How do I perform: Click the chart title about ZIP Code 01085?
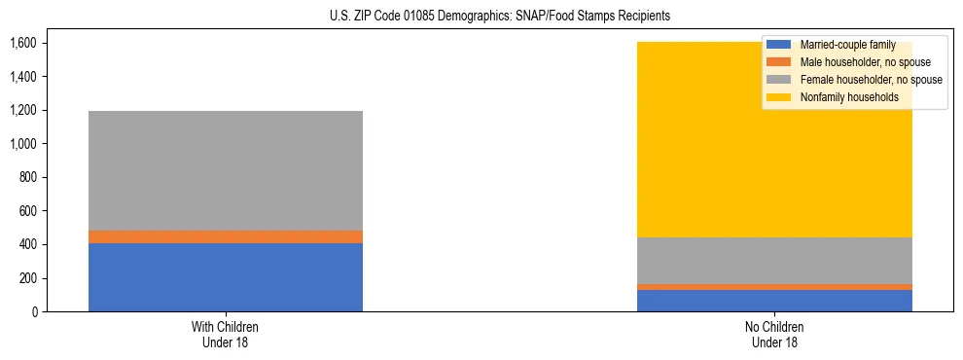click(x=482, y=17)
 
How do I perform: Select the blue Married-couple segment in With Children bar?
click(x=226, y=277)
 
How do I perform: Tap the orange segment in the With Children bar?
click(x=226, y=236)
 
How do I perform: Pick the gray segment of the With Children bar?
click(x=226, y=170)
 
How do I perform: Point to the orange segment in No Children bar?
click(x=774, y=287)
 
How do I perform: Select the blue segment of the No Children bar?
click(x=774, y=301)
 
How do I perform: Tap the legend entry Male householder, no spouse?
click(x=865, y=62)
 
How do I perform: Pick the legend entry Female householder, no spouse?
click(x=871, y=80)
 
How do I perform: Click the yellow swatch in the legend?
click(x=779, y=97)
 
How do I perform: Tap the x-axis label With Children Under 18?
click(x=226, y=334)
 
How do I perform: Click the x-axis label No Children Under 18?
click(x=774, y=334)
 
